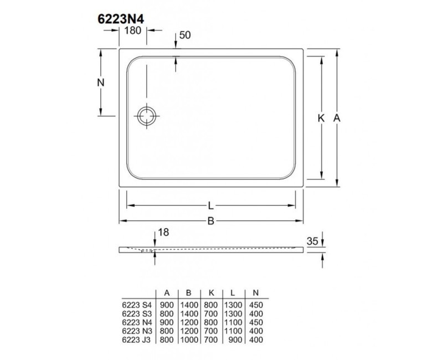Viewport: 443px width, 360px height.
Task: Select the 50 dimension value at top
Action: (x=186, y=35)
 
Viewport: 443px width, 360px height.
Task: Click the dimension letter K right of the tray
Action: (x=321, y=117)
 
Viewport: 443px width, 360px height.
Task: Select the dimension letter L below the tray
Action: (x=211, y=206)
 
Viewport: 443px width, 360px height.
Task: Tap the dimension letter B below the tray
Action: (x=211, y=222)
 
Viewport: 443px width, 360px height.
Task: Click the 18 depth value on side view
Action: (x=162, y=233)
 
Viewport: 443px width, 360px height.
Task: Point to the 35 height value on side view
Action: (x=312, y=241)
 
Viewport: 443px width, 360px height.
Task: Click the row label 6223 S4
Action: (x=136, y=305)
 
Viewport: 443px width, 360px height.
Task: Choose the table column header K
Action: (x=210, y=294)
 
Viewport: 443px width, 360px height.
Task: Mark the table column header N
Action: (x=255, y=294)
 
